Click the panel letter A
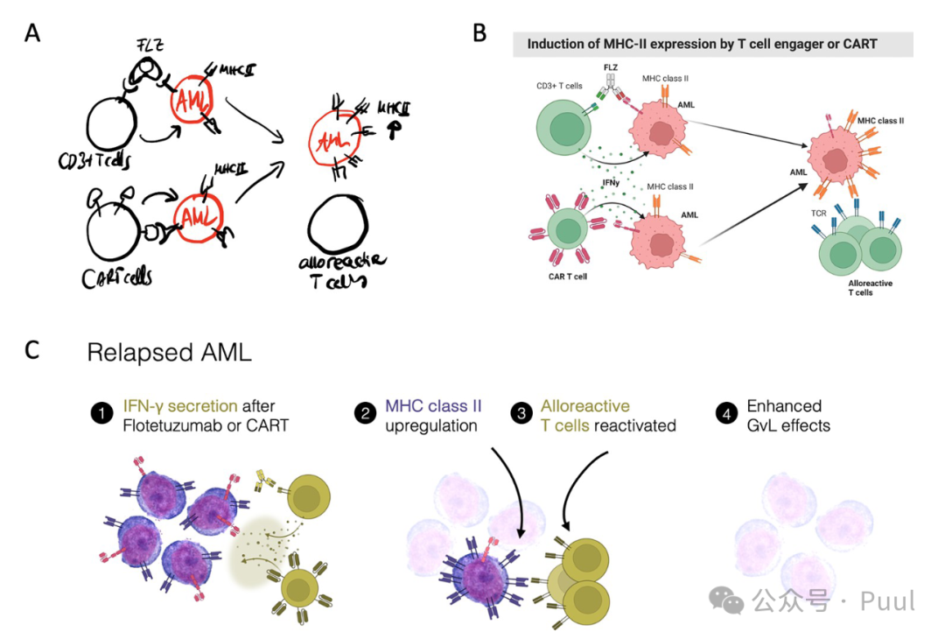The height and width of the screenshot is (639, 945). pyautogui.click(x=32, y=34)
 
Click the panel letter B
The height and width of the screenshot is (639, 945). pyautogui.click(x=479, y=33)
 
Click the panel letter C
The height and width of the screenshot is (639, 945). pyautogui.click(x=32, y=350)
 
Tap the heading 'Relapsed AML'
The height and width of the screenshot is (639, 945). pyautogui.click(x=169, y=353)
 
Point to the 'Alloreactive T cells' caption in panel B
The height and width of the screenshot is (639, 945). pyautogui.click(x=871, y=288)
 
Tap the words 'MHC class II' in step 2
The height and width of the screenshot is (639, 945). pyautogui.click(x=433, y=406)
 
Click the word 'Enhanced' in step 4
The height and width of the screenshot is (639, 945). pyautogui.click(x=784, y=406)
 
